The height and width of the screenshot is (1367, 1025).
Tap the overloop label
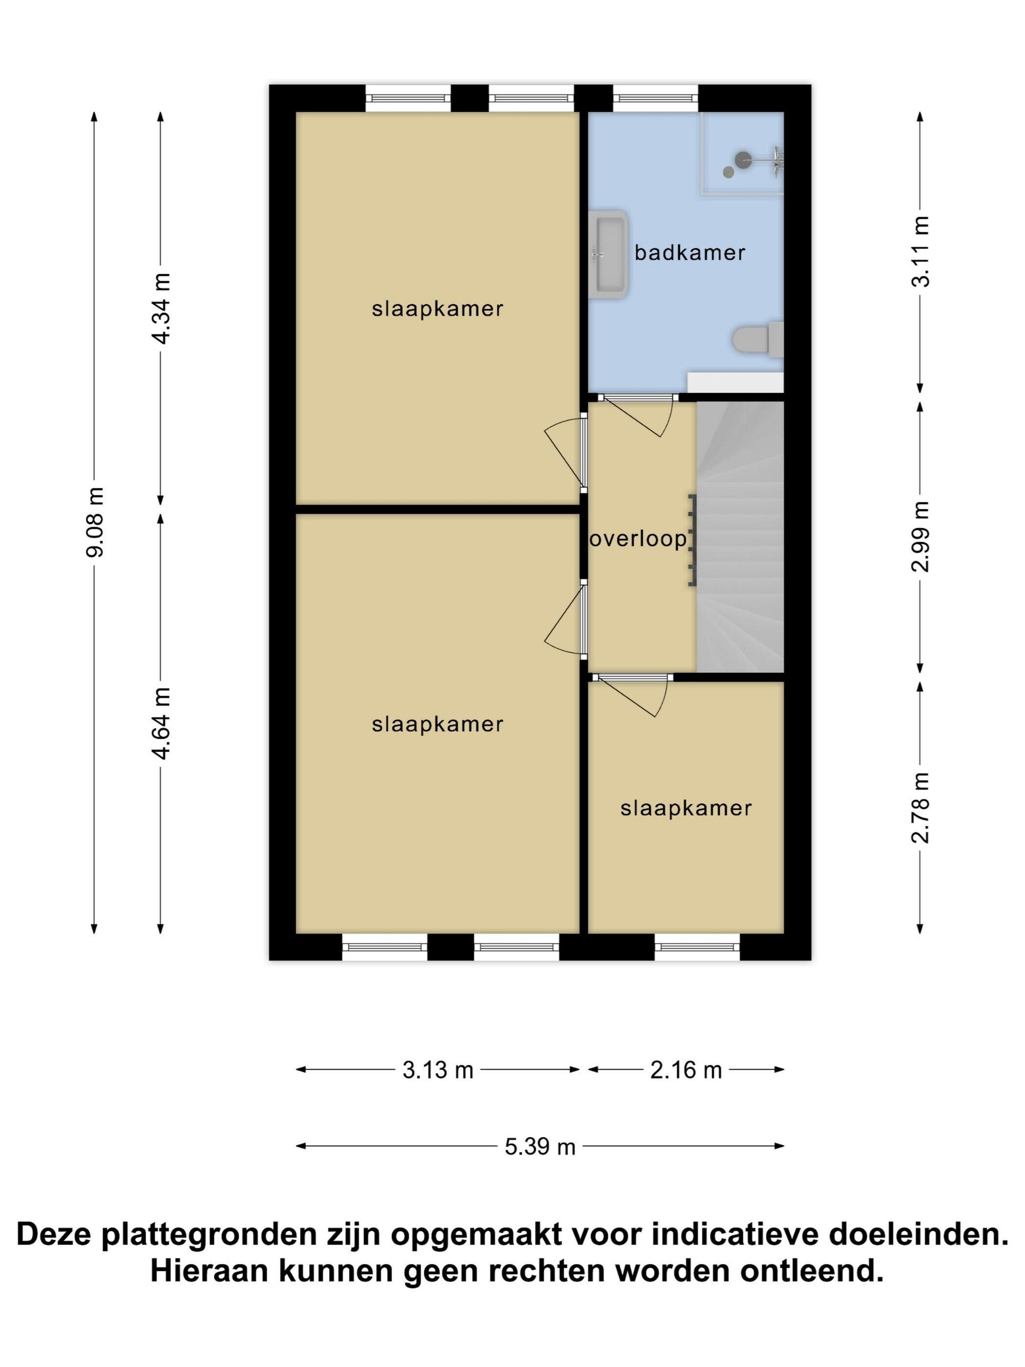coord(638,539)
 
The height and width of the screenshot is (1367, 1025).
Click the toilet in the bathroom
coord(758,339)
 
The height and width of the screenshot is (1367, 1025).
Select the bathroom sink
coord(608,254)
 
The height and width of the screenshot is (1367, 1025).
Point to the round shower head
coord(743,160)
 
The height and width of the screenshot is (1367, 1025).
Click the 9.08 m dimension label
coord(95,522)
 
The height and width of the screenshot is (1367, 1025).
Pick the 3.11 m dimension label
coord(920,251)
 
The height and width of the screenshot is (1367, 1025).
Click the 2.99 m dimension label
coord(920,537)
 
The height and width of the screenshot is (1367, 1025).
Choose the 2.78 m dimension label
coord(920,808)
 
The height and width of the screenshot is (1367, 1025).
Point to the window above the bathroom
coord(656,98)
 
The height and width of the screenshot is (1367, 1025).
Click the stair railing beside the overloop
coord(693,539)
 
